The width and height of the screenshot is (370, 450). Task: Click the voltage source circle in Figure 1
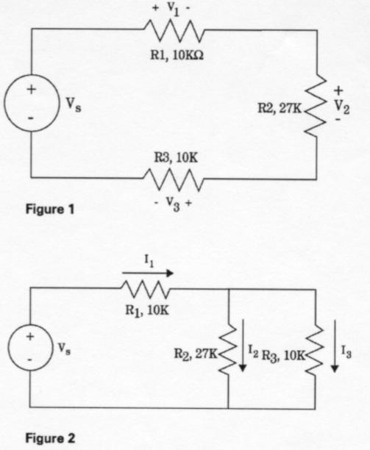pos(31,104)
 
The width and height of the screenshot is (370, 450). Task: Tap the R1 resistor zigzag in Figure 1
pos(174,30)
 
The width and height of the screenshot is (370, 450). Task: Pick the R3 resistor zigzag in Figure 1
pos(174,178)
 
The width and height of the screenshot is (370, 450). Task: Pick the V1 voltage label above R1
pos(174,10)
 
